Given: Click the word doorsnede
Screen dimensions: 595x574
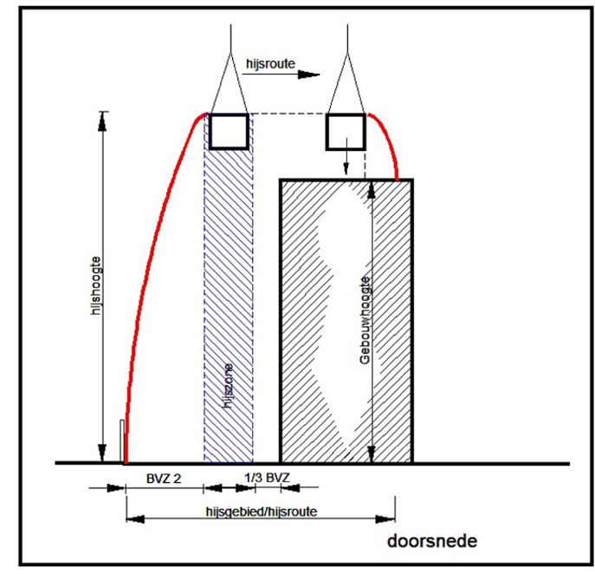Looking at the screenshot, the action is pyautogui.click(x=432, y=541).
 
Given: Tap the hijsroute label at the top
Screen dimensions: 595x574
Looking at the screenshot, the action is pyautogui.click(x=270, y=63).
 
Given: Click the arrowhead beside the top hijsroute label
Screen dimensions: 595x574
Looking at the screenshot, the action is pyautogui.click(x=308, y=75).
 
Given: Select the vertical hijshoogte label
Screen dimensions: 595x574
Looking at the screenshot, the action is pyautogui.click(x=97, y=285).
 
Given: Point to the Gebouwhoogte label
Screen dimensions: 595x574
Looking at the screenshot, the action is pyautogui.click(x=365, y=320).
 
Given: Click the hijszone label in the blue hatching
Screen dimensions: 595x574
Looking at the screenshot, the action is pyautogui.click(x=228, y=387).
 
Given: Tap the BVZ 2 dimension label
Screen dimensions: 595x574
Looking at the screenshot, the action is pyautogui.click(x=164, y=479).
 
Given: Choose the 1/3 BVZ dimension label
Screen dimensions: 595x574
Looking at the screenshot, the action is pyautogui.click(x=267, y=478).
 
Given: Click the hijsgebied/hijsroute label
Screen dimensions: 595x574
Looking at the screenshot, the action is pyautogui.click(x=262, y=512).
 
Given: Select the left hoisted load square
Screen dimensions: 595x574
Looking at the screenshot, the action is pyautogui.click(x=229, y=131).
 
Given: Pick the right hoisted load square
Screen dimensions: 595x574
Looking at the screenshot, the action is pyautogui.click(x=346, y=132).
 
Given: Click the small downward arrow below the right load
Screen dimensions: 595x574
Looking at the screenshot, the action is pyautogui.click(x=346, y=156).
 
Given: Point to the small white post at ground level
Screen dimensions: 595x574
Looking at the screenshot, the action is pyautogui.click(x=122, y=441).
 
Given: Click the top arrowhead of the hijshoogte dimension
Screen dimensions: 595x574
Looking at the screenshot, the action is pyautogui.click(x=101, y=121).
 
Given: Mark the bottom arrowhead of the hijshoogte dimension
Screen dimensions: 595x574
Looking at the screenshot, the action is pyautogui.click(x=101, y=453).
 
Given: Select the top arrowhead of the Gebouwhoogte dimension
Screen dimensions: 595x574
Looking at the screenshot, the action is pyautogui.click(x=371, y=190).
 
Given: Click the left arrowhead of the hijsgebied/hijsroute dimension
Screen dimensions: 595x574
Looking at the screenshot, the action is pyautogui.click(x=135, y=519).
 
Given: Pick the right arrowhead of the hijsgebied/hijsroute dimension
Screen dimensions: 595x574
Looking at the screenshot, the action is pyautogui.click(x=385, y=519).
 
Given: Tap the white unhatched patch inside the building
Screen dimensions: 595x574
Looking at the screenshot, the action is pyautogui.click(x=336, y=303).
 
